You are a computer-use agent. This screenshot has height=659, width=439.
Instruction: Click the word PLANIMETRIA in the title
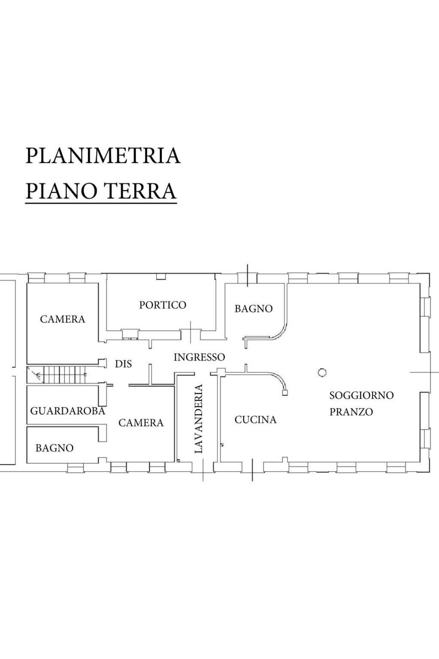(x=103, y=155)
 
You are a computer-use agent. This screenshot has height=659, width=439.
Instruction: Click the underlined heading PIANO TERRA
(x=101, y=191)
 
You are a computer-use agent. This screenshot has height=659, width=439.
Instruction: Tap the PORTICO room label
(x=163, y=305)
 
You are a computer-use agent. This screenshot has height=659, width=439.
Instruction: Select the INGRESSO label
(x=199, y=357)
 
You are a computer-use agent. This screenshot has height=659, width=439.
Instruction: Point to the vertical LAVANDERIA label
(x=198, y=419)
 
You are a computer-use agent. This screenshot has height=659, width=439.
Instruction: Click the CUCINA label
(x=255, y=419)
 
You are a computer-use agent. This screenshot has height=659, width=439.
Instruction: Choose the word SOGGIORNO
(x=361, y=395)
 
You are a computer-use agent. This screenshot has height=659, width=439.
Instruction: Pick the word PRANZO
(x=351, y=412)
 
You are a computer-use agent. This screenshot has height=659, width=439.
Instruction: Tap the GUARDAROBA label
(x=67, y=411)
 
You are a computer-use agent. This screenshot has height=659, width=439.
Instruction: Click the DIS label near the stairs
(x=123, y=364)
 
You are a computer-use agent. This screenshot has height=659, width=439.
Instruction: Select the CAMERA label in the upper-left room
(x=63, y=319)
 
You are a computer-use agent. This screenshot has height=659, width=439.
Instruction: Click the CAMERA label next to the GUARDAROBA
(x=141, y=423)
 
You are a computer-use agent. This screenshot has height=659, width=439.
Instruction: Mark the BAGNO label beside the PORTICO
(x=253, y=309)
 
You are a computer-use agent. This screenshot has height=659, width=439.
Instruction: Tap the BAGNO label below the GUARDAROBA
(x=54, y=448)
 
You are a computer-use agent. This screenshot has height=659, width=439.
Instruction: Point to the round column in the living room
(x=322, y=373)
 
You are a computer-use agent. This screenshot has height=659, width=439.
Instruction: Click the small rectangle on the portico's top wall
(x=160, y=276)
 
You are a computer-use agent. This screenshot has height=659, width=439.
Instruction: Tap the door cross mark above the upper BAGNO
(x=247, y=275)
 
